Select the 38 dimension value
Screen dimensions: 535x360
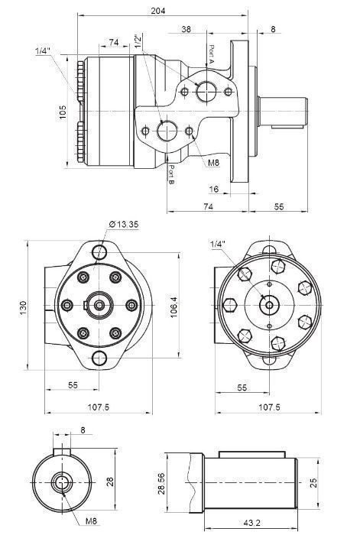pyautogui.click(x=186, y=29)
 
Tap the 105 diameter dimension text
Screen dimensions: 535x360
pyautogui.click(x=64, y=112)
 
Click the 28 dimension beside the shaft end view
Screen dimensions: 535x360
pyautogui.click(x=109, y=481)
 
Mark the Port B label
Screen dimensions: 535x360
pyautogui.click(x=172, y=173)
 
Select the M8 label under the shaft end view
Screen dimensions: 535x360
pyautogui.click(x=90, y=521)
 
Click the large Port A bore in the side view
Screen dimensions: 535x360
pyautogui.click(x=206, y=92)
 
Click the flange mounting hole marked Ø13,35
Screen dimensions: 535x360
pyautogui.click(x=99, y=251)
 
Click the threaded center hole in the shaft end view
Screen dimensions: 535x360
pyautogui.click(x=62, y=481)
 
